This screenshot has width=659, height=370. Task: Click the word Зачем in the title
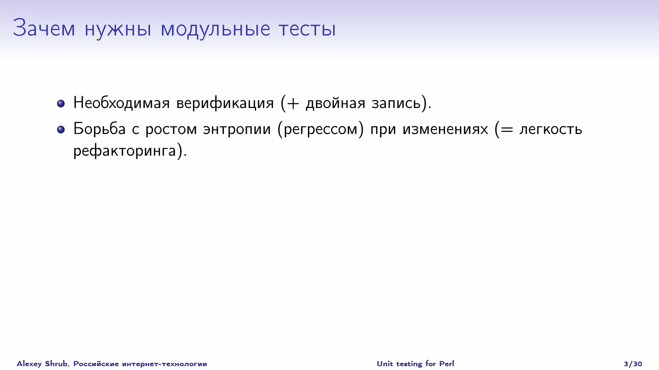(44, 28)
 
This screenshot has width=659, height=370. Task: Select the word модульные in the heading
(215, 29)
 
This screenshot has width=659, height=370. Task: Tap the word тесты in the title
(307, 29)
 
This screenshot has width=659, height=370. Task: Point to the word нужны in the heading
(118, 29)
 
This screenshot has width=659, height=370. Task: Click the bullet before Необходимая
(61, 103)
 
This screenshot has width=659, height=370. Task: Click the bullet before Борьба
(61, 129)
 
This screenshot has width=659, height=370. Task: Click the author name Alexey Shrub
(42, 364)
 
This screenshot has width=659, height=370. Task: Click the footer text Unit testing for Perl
(415, 364)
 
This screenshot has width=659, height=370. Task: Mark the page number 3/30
(633, 364)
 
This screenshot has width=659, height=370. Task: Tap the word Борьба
(99, 129)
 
